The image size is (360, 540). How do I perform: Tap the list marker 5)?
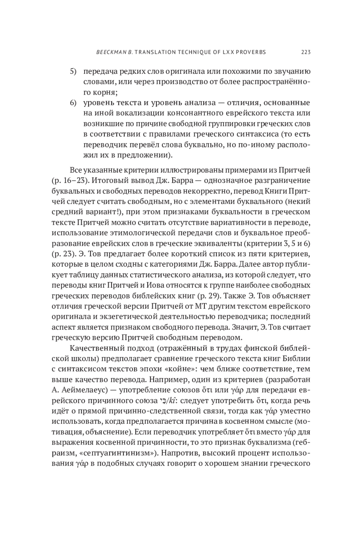point(73,72)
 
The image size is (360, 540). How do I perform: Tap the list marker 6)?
point(73,103)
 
